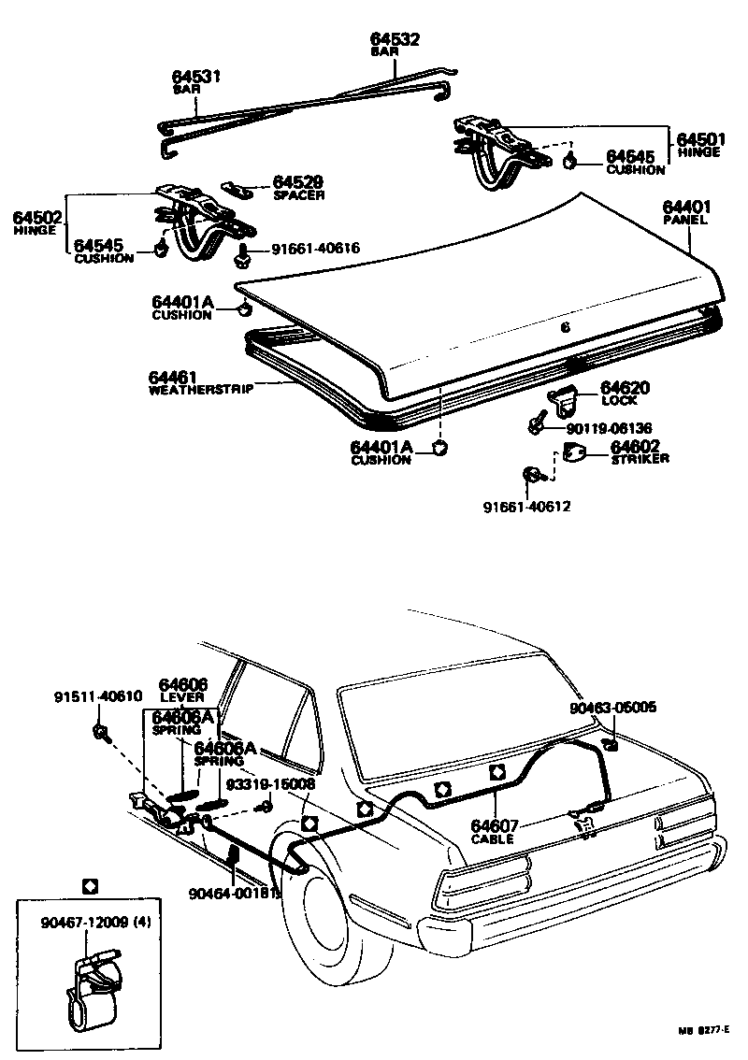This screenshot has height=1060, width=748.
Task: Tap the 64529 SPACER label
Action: click(298, 187)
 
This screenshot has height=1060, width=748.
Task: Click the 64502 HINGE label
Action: click(37, 223)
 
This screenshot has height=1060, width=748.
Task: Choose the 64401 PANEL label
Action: click(687, 212)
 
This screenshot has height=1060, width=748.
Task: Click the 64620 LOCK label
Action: click(625, 393)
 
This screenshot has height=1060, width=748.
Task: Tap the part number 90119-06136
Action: click(610, 428)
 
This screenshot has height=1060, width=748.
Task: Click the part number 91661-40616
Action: click(315, 249)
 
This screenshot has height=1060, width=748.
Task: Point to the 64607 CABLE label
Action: click(496, 831)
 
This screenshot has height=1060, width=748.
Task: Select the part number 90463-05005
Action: click(612, 708)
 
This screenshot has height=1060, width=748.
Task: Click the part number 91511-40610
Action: click(97, 696)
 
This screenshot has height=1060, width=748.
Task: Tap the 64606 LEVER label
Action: click(183, 690)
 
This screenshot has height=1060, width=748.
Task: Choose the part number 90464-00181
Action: click(229, 894)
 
